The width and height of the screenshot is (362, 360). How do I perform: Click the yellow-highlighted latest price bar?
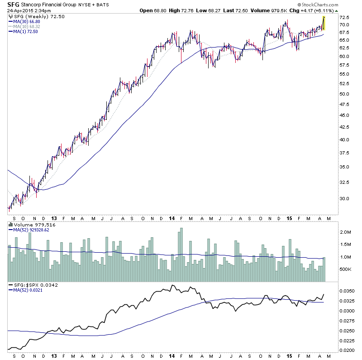pyautogui.click(x=324, y=23)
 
